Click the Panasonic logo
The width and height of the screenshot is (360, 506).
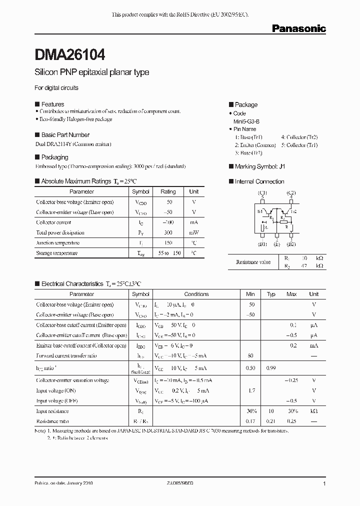pyautogui.click(x=298, y=29)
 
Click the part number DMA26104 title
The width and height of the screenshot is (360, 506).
pyautogui.click(x=70, y=53)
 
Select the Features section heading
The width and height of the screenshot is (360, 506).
pyautogui.click(x=52, y=104)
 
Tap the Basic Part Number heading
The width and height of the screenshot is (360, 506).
pyautogui.click(x=65, y=135)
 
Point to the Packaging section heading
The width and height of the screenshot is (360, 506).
pyautogui.click(x=54, y=157)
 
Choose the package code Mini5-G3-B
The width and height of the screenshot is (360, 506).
pyautogui.click(x=247, y=121)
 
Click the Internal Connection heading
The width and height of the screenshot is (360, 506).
pyautogui.click(x=259, y=181)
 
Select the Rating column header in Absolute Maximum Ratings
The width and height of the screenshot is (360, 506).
pyautogui.click(x=168, y=191)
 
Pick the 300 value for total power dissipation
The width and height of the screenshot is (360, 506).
pyautogui.click(x=168, y=232)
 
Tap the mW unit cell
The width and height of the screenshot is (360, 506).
pyautogui.click(x=193, y=232)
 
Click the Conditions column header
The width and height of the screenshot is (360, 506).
pyautogui.click(x=196, y=294)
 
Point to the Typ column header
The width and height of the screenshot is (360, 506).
pyautogui.click(x=271, y=294)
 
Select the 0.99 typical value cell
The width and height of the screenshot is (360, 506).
pyautogui.click(x=271, y=368)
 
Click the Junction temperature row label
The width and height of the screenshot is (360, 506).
pyautogui.click(x=57, y=242)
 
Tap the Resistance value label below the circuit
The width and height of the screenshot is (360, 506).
pyautogui.click(x=253, y=262)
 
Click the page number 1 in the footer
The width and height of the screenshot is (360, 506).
pyautogui.click(x=324, y=484)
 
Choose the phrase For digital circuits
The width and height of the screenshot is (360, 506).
pyautogui.click(x=56, y=88)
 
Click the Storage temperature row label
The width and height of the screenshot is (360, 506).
pyautogui.click(x=56, y=253)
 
